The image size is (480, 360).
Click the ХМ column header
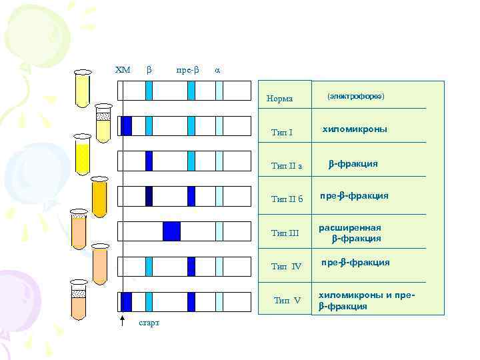coord(123,69)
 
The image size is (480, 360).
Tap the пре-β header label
coord(187,69)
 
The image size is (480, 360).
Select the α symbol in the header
coord(217,69)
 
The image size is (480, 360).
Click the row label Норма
coord(279,99)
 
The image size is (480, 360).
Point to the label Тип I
coord(282,133)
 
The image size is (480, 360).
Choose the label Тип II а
coord(287,166)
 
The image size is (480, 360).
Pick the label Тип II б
coord(287,199)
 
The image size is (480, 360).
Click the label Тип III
coord(286,233)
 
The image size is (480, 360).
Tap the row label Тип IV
coord(287,266)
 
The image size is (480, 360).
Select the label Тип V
coord(287,300)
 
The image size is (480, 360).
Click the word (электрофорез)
coord(356,96)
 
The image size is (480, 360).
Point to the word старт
coord(148,323)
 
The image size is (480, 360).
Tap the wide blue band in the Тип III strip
coord(171,231)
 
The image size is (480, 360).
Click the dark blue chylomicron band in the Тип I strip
coord(126,125)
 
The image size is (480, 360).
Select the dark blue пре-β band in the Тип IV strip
coord(191,267)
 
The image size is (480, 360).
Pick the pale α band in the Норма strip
coord(219,89)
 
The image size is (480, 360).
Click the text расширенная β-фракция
coord(354,233)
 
